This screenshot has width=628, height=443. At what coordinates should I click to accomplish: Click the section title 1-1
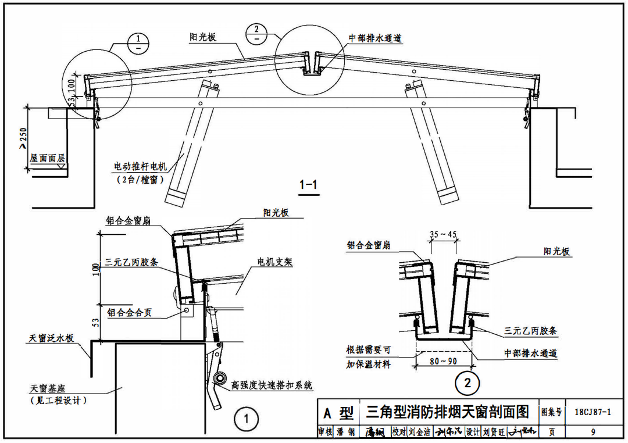[308, 185]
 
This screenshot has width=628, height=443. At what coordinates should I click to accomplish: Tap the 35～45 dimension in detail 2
[443, 235]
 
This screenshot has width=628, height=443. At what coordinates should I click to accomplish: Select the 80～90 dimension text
[443, 361]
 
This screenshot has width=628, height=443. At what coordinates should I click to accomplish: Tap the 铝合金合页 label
[129, 313]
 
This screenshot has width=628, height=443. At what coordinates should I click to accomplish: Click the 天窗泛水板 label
[52, 338]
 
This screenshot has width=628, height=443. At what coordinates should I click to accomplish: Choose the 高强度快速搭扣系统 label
[272, 385]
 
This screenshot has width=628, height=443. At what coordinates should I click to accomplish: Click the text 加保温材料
[369, 364]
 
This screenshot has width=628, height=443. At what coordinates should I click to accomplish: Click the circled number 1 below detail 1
[246, 419]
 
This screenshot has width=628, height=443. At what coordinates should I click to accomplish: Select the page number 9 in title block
[592, 432]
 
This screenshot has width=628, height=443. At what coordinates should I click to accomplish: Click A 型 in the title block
[338, 413]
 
